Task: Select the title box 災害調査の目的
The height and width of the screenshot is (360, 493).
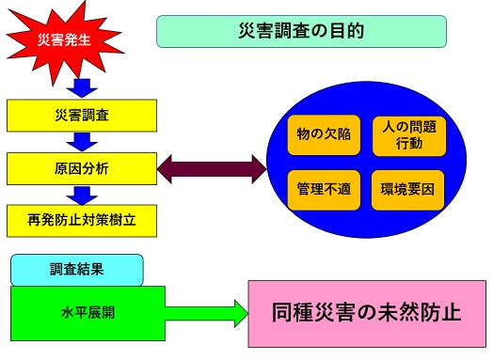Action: tap(300, 31)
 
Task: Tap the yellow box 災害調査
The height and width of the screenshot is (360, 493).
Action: tap(81, 115)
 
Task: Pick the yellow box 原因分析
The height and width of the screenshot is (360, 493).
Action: tap(81, 169)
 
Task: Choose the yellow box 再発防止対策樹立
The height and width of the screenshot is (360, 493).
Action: tap(81, 222)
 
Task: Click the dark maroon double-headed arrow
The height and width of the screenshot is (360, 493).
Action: tap(212, 169)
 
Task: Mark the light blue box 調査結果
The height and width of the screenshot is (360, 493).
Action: tap(77, 269)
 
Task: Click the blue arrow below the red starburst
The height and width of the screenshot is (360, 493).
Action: tap(83, 86)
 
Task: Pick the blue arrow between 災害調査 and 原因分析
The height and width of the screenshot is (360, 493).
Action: tap(83, 141)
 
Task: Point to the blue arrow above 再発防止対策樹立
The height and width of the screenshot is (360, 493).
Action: tap(83, 195)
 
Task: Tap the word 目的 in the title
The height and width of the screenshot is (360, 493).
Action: tap(345, 31)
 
